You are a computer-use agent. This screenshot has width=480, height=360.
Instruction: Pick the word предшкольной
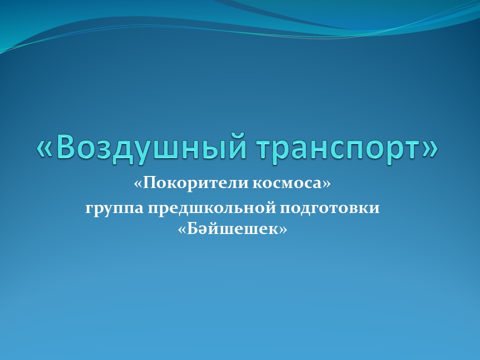[x=211, y=208]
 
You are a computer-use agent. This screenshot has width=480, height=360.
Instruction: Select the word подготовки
[x=329, y=208]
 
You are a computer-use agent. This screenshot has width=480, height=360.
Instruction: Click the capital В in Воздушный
[x=66, y=146]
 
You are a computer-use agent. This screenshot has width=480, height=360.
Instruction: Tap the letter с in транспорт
[x=345, y=149]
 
